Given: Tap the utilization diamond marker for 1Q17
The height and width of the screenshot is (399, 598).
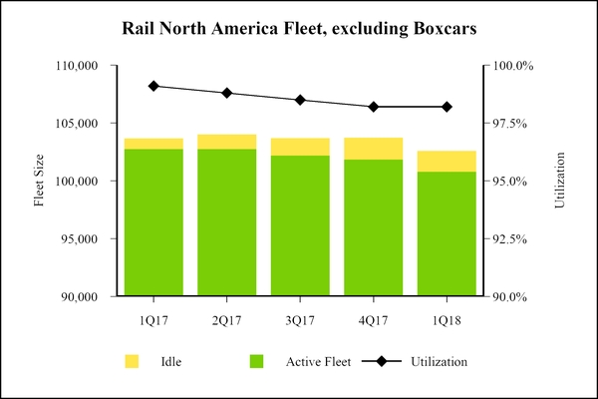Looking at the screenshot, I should coord(153,86).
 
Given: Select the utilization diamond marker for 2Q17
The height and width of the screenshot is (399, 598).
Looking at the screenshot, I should coord(227,93).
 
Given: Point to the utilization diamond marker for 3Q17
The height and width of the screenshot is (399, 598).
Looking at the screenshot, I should coord(300,100).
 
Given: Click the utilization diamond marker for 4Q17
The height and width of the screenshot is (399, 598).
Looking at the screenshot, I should coord(374,107).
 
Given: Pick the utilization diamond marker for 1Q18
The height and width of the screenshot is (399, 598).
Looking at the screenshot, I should coord(447,107).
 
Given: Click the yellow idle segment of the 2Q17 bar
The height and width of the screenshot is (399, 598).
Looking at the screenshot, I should coord(227,142).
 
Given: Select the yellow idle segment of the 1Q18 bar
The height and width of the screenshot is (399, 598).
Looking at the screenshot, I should coord(447,161).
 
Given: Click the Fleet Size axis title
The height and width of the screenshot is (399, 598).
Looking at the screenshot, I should coord(39,182).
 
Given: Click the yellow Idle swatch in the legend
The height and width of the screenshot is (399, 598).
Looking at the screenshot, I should coord(131,361).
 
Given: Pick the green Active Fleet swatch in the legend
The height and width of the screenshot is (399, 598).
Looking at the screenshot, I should coord(256,361).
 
